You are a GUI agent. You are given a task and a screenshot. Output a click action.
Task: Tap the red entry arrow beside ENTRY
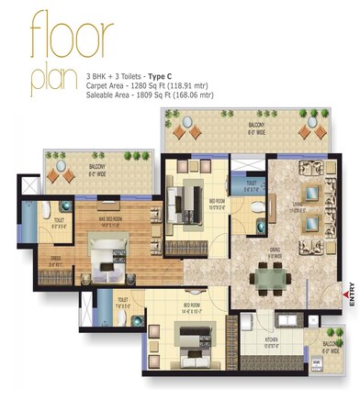point(350,286)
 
